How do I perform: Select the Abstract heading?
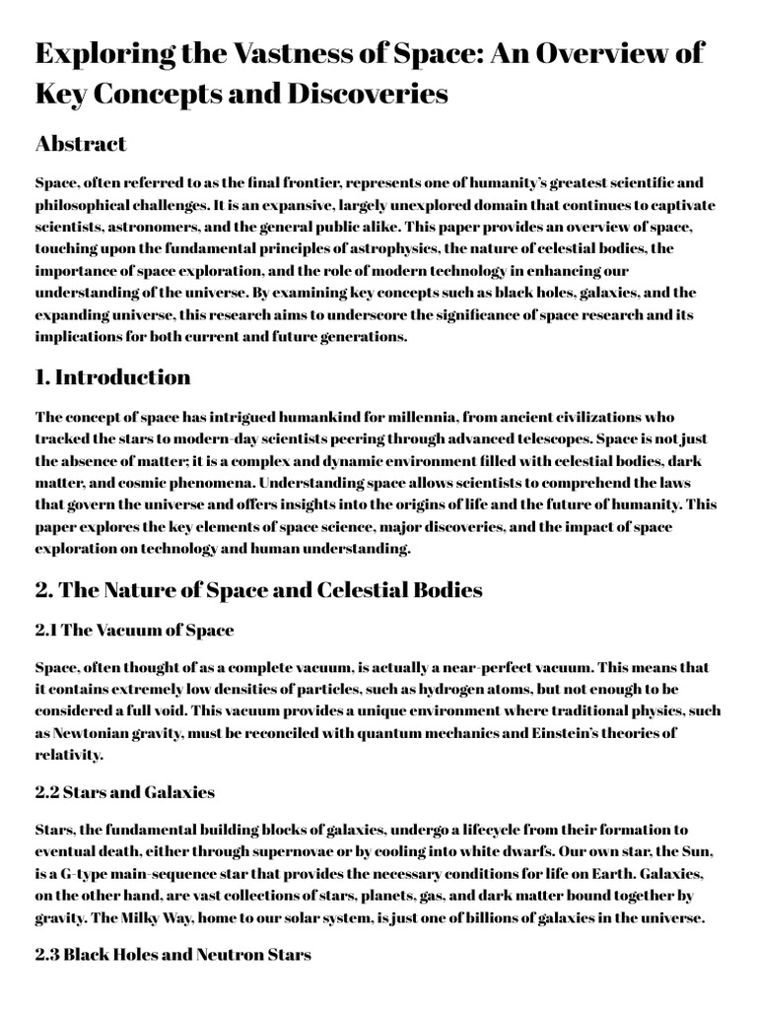click(81, 144)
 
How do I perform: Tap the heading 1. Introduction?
click(112, 377)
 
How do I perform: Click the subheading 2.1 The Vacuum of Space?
click(134, 630)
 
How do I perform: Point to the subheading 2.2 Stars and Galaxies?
click(124, 792)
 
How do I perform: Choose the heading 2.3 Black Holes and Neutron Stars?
click(173, 955)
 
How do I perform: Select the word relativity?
click(69, 754)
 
